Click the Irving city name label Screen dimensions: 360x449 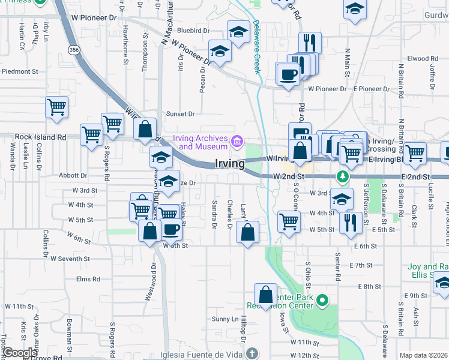(230, 164)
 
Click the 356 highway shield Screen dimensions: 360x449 (74, 50)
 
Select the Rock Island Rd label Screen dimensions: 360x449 (41, 137)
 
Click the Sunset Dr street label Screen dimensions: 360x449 (181, 113)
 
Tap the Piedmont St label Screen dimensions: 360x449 (20, 71)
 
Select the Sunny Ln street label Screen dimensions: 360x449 (224, 319)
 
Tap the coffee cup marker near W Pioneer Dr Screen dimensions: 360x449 (288, 74)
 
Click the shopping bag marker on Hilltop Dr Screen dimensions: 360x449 (265, 295)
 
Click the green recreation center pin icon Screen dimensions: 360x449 (322, 299)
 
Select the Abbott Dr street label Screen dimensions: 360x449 (73, 176)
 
